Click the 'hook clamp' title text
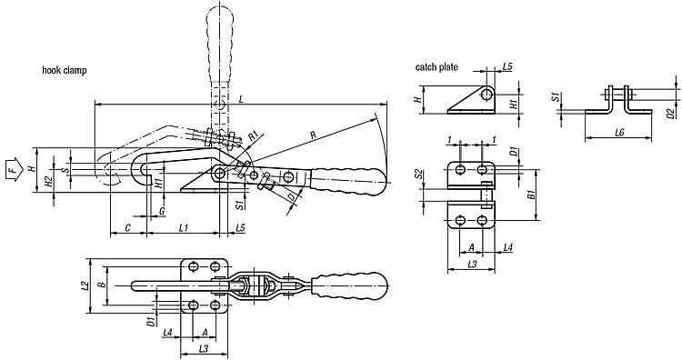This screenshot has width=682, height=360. coord(65,70)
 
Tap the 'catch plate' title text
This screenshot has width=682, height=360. coord(436,67)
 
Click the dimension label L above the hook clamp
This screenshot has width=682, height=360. coord(241,100)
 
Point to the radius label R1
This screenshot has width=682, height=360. coord(255,136)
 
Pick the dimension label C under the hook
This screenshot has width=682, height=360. coord(128,227)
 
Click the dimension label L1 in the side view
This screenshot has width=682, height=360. coord(184,227)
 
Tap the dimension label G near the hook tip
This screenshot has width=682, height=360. coord(162,211)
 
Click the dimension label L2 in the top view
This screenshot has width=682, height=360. coord(85,285)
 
